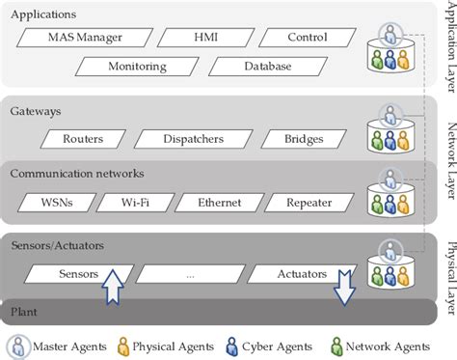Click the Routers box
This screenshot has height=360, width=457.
[x=82, y=139]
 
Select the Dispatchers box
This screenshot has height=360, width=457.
[x=192, y=139]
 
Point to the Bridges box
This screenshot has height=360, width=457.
[x=303, y=139]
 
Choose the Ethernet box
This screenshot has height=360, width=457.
[x=219, y=203]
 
